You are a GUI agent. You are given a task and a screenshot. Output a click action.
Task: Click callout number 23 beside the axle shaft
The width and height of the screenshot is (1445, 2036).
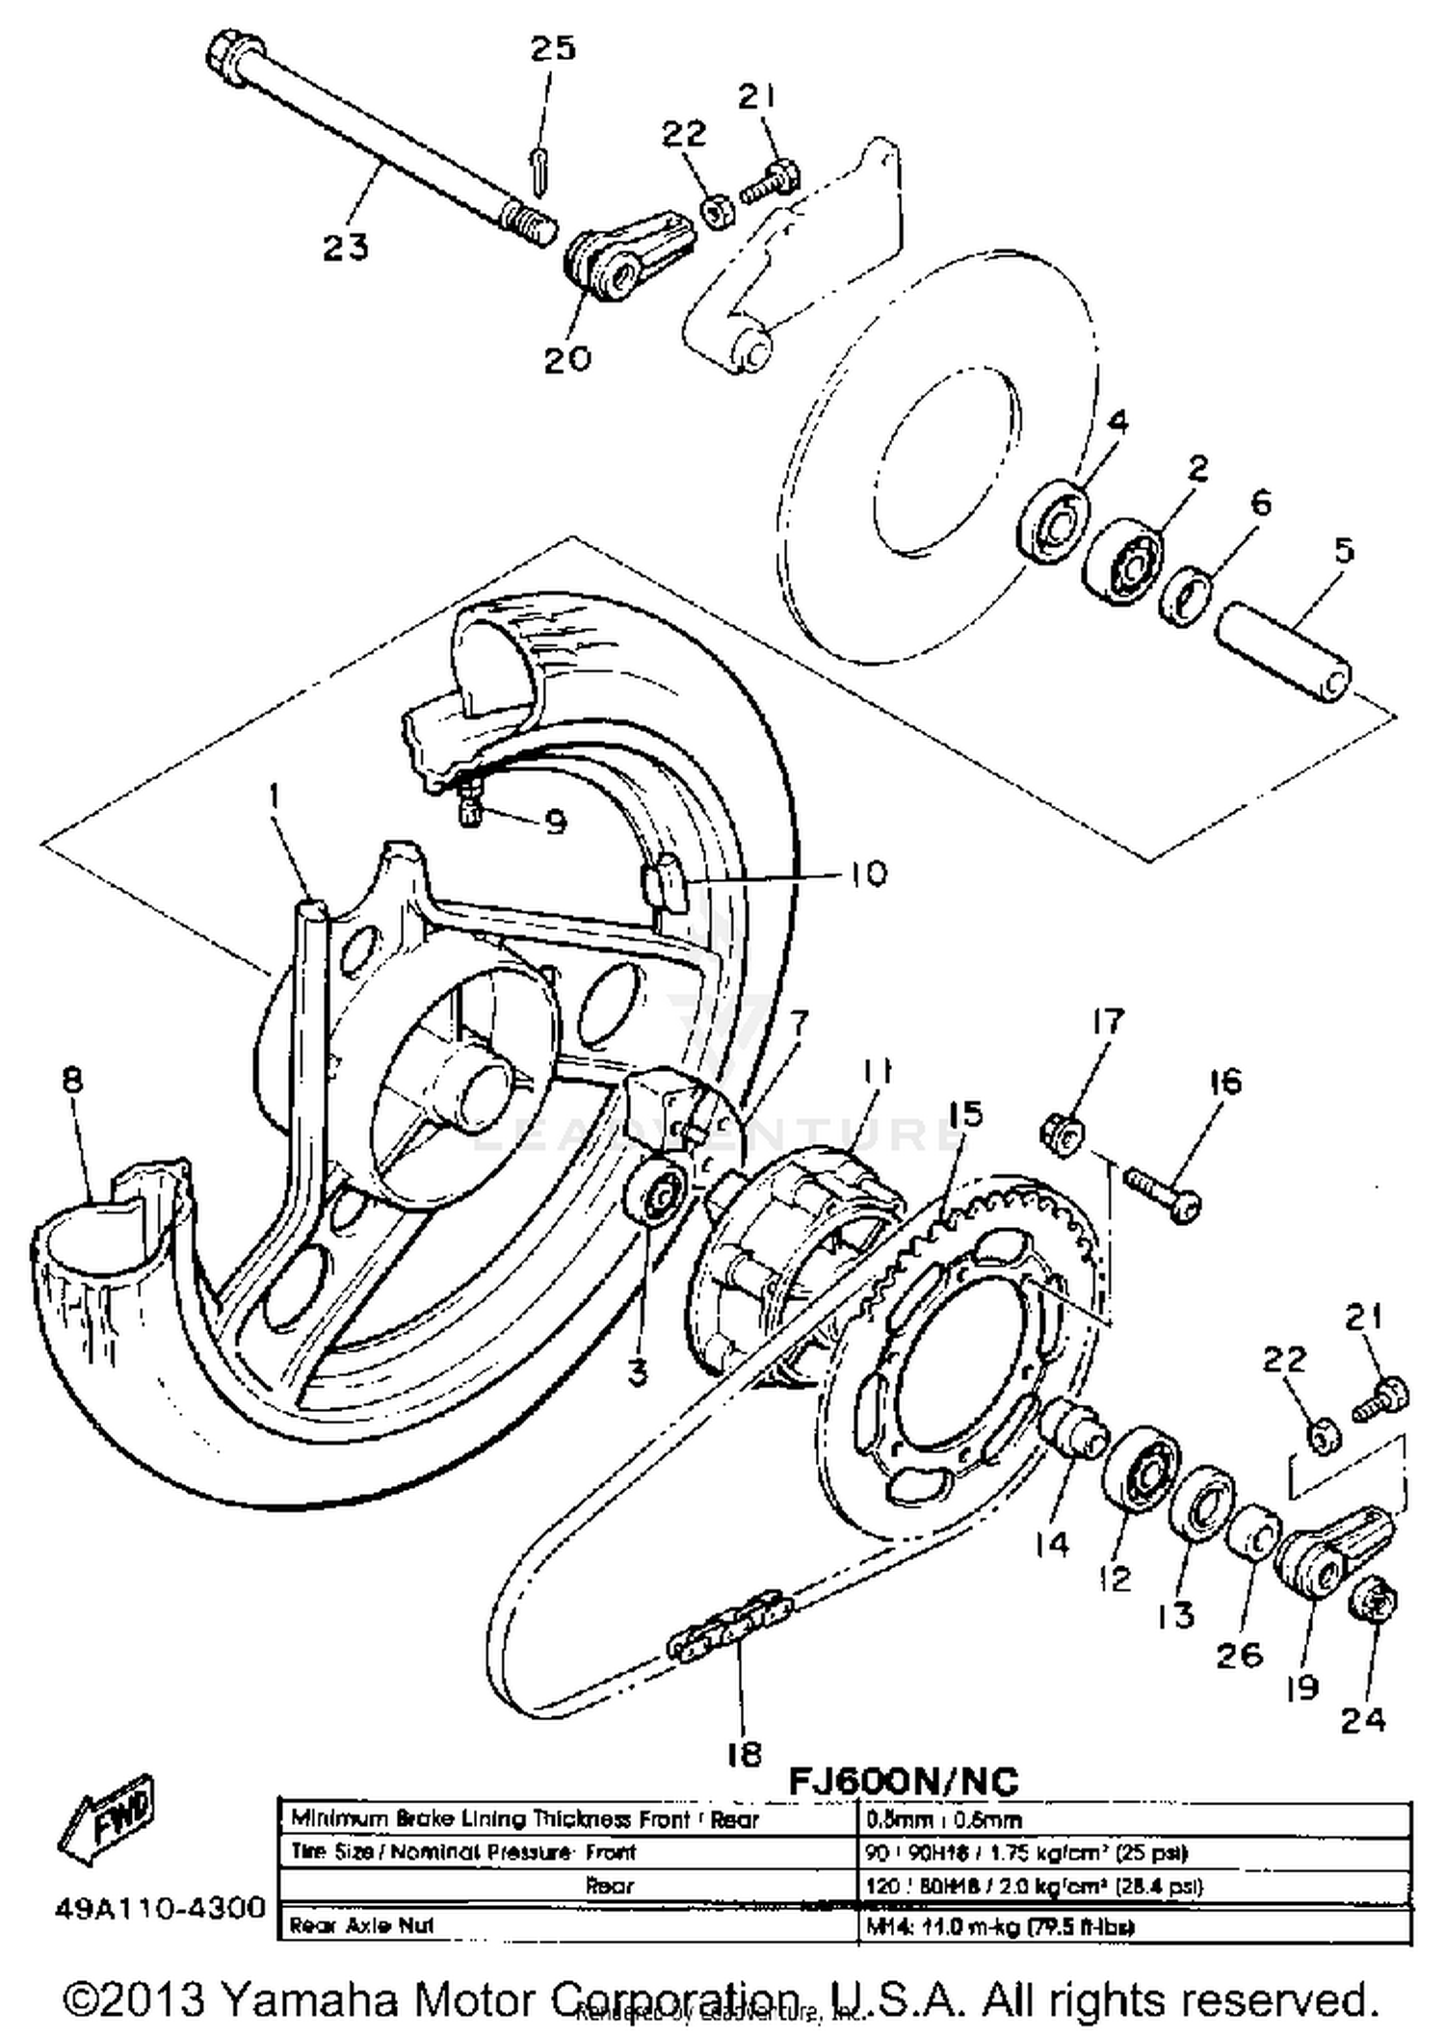coord(345,248)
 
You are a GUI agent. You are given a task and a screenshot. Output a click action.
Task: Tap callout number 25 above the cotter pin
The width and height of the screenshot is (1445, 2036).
coord(553,48)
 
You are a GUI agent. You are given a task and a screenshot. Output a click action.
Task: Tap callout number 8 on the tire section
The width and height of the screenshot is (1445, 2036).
coord(73,1080)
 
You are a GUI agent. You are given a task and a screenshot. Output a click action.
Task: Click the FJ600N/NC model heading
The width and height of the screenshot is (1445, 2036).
coord(903,1780)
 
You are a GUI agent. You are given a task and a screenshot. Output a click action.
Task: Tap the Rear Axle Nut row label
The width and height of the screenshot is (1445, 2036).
coord(362,1925)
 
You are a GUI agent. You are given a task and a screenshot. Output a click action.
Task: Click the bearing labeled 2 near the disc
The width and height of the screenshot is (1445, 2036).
coord(1123,562)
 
